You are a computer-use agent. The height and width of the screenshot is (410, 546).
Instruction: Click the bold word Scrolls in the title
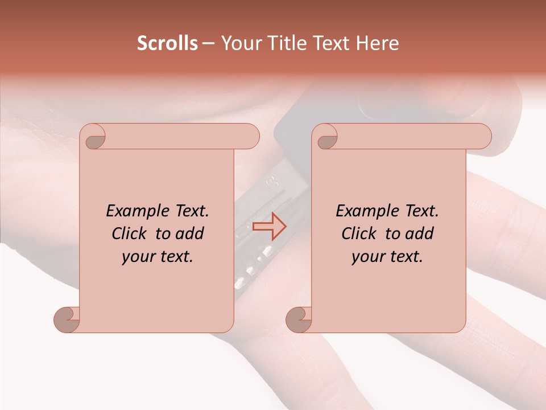[x=167, y=43]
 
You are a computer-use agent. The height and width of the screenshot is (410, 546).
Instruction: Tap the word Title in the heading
[x=280, y=43]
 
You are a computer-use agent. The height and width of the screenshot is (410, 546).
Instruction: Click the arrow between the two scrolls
[x=270, y=226]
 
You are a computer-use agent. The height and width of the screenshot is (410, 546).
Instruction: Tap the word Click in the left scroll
[x=130, y=233]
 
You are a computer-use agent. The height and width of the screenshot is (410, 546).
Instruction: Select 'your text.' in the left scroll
[x=158, y=257]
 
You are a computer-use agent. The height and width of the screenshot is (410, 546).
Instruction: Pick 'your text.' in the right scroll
[x=387, y=257]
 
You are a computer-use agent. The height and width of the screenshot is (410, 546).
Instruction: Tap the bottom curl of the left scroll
[x=67, y=319]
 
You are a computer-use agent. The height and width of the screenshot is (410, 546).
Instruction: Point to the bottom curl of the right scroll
[x=299, y=319]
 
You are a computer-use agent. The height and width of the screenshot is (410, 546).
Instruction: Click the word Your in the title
[x=239, y=43]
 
